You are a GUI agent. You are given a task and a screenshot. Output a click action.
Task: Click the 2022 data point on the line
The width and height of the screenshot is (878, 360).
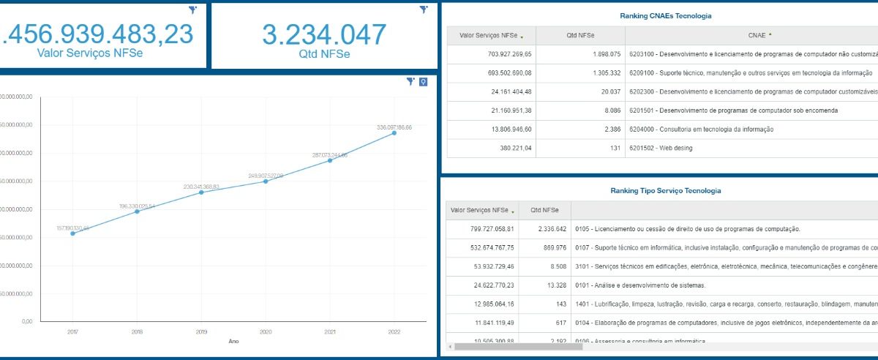pyautogui.click(x=394, y=132)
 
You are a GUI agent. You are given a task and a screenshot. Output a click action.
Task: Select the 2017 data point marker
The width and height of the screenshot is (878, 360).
pyautogui.click(x=72, y=233)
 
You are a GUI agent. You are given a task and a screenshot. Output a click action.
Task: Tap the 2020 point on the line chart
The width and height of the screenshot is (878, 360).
pyautogui.click(x=266, y=181)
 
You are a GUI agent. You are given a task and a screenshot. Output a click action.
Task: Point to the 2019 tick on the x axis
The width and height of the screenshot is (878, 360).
pyautogui.click(x=201, y=331)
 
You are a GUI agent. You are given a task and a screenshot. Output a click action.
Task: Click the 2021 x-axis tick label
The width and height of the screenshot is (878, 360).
pyautogui.click(x=330, y=331)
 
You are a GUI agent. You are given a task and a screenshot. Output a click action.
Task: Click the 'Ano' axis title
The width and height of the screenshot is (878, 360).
pyautogui.click(x=233, y=341)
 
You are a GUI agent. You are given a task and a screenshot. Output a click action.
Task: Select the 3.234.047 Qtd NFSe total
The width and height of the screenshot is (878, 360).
pyautogui.click(x=324, y=35)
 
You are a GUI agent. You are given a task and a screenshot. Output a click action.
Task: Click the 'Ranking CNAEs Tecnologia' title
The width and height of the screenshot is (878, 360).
pyautogui.click(x=665, y=15)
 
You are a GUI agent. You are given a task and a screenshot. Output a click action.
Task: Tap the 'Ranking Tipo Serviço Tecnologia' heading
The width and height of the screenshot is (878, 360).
pyautogui.click(x=665, y=190)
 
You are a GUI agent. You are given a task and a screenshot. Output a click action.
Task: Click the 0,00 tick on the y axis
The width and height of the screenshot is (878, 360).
pyautogui.click(x=26, y=322)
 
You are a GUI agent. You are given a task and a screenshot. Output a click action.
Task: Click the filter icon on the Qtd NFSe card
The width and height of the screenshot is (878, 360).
pyautogui.click(x=423, y=10)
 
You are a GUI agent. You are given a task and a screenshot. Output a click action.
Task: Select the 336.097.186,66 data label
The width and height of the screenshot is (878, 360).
pyautogui.click(x=394, y=127)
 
